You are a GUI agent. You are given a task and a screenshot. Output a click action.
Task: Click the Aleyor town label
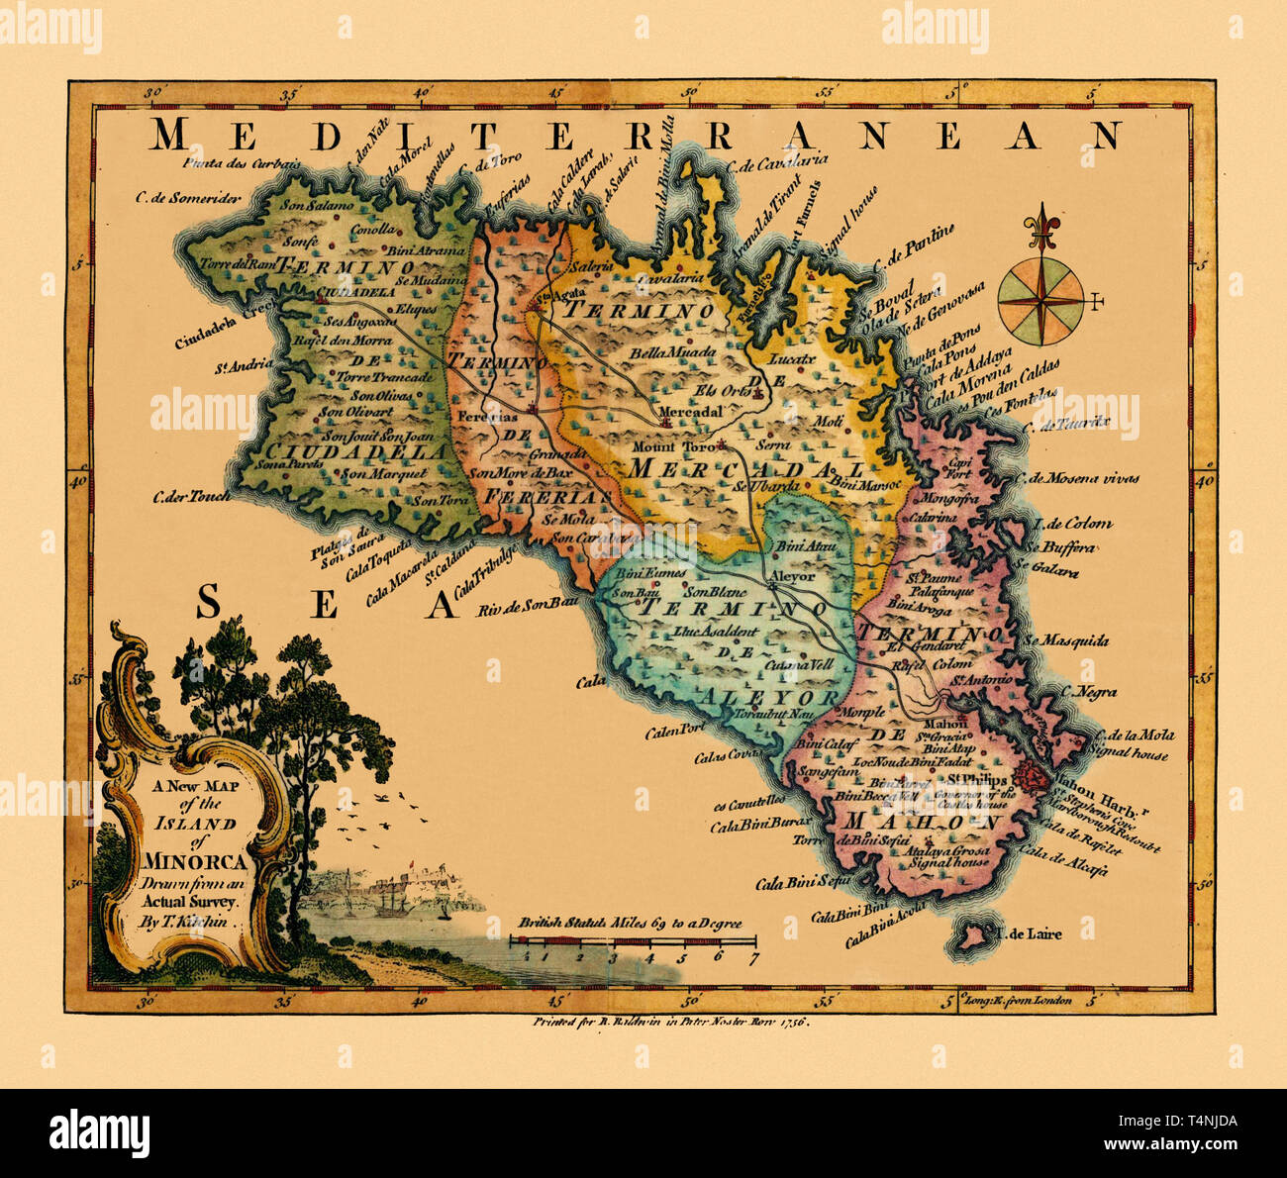coord(792,576)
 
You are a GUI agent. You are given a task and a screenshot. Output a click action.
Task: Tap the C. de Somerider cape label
coord(188,197)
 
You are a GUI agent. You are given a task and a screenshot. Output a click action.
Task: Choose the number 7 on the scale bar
coord(753,957)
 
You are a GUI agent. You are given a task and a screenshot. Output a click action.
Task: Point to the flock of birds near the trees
coord(368,813)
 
